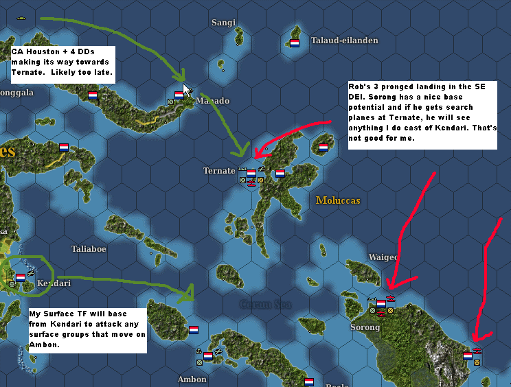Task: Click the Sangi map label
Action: pyautogui.click(x=223, y=23)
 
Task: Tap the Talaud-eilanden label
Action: pyautogui.click(x=345, y=40)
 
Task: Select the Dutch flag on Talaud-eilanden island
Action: pyautogui.click(x=295, y=43)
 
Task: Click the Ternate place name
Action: pyautogui.click(x=219, y=171)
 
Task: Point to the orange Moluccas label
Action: pyautogui.click(x=338, y=200)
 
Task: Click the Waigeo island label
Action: pyautogui.click(x=383, y=257)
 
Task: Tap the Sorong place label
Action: pyautogui.click(x=365, y=327)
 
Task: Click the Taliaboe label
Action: pyautogui.click(x=89, y=249)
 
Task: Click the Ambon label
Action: pyautogui.click(x=192, y=379)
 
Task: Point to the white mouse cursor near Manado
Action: pyautogui.click(x=188, y=90)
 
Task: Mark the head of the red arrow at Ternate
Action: pyautogui.click(x=256, y=154)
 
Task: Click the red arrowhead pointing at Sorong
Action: pyautogui.click(x=389, y=285)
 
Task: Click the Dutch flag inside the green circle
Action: pyautogui.click(x=21, y=277)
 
